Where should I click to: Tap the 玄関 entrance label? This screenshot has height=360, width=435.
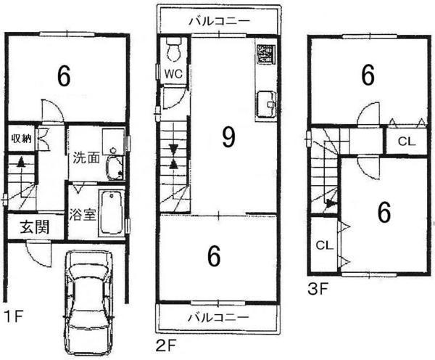[33, 226]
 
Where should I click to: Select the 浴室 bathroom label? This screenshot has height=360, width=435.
[79, 215]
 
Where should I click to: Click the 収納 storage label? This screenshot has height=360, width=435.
[20, 138]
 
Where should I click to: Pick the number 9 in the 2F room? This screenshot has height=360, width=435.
[228, 138]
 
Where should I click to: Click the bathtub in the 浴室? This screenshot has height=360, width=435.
[110, 212]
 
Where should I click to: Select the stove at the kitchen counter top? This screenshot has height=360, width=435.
[265, 55]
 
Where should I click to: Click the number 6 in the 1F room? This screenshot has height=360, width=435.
[63, 75]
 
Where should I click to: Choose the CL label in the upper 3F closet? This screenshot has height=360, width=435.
[406, 141]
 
